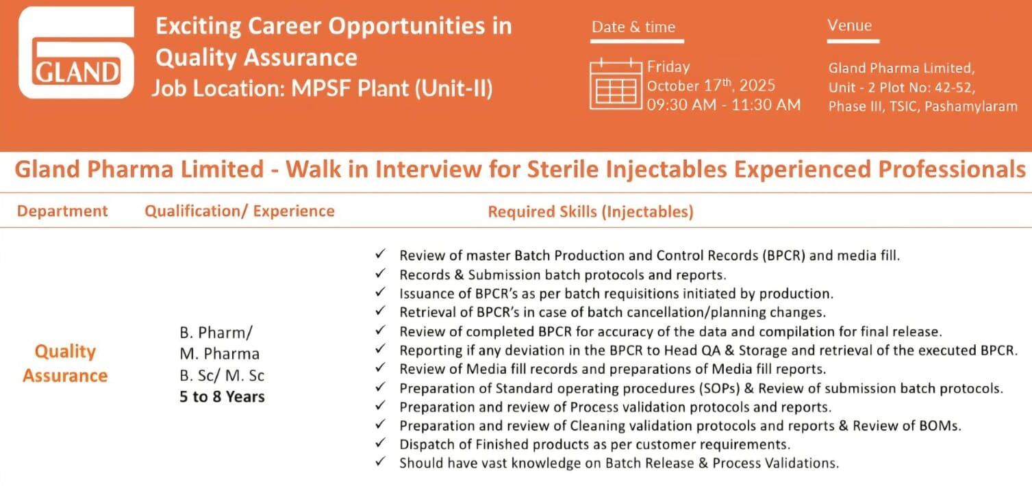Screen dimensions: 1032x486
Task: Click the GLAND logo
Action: click(76, 52)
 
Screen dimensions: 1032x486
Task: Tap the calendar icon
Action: click(616, 84)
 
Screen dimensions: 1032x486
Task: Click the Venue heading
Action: click(849, 25)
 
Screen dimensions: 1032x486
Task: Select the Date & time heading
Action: click(633, 27)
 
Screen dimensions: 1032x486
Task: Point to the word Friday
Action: click(668, 67)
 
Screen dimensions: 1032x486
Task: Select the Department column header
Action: click(62, 211)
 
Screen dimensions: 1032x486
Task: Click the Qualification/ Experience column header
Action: click(240, 211)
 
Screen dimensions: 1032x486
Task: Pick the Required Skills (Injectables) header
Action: click(590, 212)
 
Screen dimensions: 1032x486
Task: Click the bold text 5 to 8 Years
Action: click(222, 396)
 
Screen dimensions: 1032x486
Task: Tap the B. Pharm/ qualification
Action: click(216, 332)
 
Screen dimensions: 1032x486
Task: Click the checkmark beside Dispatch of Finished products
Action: click(380, 443)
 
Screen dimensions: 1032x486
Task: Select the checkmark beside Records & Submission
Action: click(380, 273)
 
